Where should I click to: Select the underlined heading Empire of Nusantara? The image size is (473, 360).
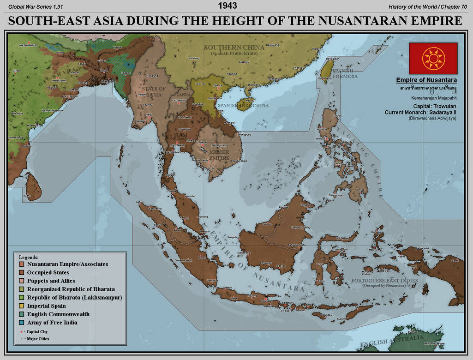click(426, 80)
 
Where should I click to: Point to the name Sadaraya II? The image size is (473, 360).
click(441, 112)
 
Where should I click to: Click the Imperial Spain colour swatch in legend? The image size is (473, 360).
click(22, 306)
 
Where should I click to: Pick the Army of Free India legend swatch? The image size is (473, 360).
click(22, 323)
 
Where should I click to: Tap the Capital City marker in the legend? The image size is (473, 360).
click(21, 331)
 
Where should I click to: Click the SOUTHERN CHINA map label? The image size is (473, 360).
click(234, 48)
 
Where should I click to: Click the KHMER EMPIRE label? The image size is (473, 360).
click(219, 155)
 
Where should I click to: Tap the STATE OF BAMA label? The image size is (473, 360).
click(154, 91)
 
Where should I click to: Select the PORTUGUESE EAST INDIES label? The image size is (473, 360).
click(384, 281)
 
